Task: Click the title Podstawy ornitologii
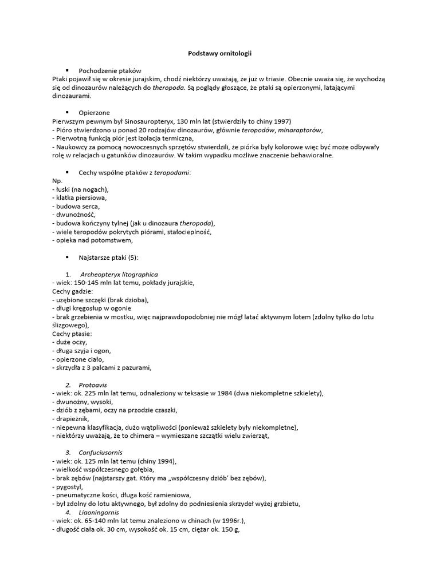220,53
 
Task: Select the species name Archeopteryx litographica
119,274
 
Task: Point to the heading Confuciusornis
101,453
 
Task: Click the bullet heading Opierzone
94,113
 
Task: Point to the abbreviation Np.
57,180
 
